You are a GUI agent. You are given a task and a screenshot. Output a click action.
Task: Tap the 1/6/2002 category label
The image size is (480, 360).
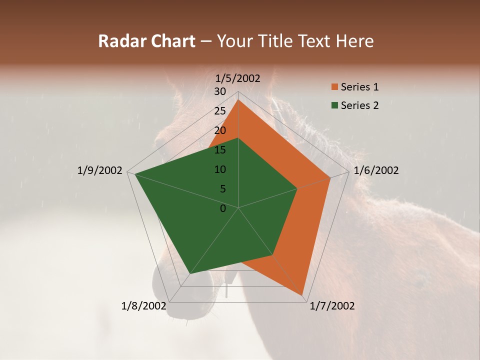pos(376,170)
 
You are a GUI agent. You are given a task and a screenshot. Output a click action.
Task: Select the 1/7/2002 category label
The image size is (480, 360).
pos(332,305)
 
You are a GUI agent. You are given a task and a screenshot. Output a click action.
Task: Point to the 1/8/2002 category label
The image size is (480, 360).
pos(144,305)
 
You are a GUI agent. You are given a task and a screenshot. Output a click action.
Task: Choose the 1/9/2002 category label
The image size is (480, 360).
pos(100,170)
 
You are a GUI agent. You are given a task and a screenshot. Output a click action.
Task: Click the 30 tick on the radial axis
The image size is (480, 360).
pos(220,91)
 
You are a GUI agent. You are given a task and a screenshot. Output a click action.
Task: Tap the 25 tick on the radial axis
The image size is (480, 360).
pos(220,111)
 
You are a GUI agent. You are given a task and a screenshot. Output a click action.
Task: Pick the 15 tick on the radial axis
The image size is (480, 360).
pos(220,150)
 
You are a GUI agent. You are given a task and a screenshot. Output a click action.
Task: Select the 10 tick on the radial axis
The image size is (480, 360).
pos(220,169)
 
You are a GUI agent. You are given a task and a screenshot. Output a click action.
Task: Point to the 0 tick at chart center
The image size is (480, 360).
pos(223,208)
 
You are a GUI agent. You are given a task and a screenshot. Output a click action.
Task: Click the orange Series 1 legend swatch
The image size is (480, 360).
pos(334,87)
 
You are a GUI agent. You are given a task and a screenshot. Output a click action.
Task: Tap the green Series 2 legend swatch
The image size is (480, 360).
pos(334,105)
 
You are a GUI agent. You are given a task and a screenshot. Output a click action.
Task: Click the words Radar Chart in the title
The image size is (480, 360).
pos(146,41)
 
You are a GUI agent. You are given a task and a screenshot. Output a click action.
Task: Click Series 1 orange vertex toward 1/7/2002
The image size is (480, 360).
pos(302,295)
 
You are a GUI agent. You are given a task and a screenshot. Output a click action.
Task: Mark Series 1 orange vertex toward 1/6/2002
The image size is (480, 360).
pos(330,177)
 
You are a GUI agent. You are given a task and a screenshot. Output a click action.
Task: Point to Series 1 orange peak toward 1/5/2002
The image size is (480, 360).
pos(238,100)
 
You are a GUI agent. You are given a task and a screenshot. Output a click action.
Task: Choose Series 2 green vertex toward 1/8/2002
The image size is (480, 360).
pos(190,273)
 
